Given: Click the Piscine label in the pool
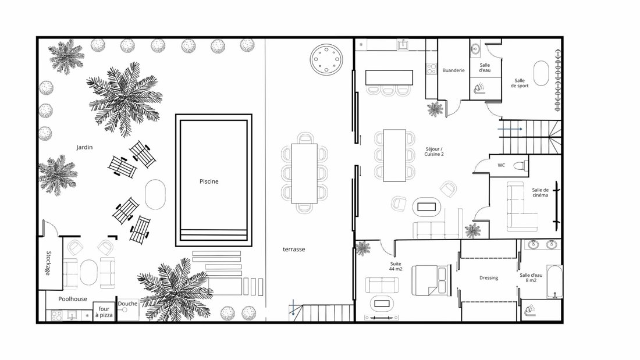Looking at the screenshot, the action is pyautogui.click(x=209, y=181).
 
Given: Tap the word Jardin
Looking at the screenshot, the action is pyautogui.click(x=84, y=147).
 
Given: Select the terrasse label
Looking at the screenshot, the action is pyautogui.click(x=294, y=249).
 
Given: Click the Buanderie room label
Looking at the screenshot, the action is pyautogui.click(x=453, y=70).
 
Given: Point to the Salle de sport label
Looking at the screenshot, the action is pyautogui.click(x=520, y=83).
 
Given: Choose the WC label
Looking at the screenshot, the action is pyautogui.click(x=501, y=165).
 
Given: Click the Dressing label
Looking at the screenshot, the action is pyautogui.click(x=489, y=278).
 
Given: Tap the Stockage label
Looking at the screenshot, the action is pyautogui.click(x=48, y=263).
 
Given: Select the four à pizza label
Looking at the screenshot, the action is pyautogui.click(x=104, y=312).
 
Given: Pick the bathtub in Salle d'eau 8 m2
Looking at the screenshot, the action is pyautogui.click(x=554, y=282).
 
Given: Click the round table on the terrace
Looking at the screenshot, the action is pyautogui.click(x=326, y=59).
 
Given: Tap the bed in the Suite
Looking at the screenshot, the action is pyautogui.click(x=431, y=280).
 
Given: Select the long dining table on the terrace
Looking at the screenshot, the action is pyautogui.click(x=304, y=173).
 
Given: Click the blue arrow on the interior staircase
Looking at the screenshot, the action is pyautogui.click(x=510, y=129).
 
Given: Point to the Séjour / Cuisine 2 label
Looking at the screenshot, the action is pyautogui.click(x=434, y=152).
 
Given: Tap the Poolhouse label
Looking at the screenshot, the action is pyautogui.click(x=73, y=299).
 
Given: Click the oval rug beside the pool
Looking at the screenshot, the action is pyautogui.click(x=155, y=195).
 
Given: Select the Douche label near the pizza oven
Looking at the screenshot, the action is pyautogui.click(x=128, y=304).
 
